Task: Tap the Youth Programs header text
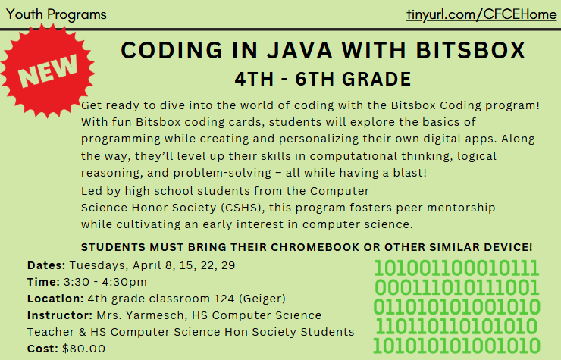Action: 55,14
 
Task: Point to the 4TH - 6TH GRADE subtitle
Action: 323,78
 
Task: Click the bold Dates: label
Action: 46,265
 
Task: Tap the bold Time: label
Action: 43,282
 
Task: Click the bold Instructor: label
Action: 59,315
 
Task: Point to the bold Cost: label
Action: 42,349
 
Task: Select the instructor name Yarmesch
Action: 148,315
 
